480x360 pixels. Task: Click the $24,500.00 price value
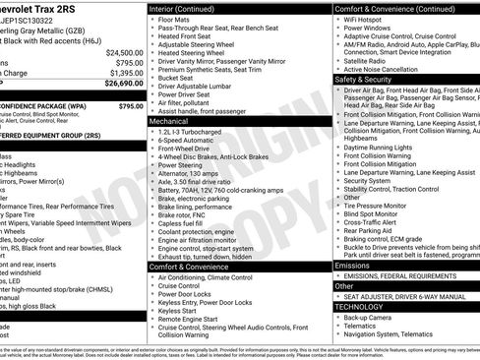[x=124, y=52]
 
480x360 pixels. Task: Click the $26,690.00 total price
[x=124, y=84]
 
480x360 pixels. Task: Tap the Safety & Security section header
[x=363, y=79]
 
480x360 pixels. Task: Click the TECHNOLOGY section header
[x=358, y=306]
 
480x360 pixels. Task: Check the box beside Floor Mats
[x=152, y=20]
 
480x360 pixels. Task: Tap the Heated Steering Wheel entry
[x=193, y=54]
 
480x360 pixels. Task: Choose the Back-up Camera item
[x=371, y=318]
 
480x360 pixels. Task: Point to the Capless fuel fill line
[x=183, y=222]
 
